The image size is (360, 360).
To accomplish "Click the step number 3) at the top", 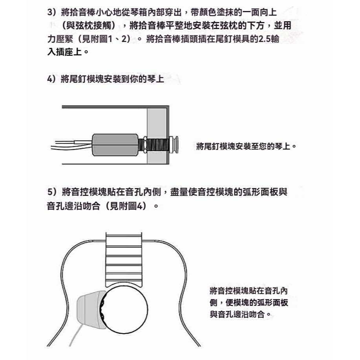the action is [52, 12].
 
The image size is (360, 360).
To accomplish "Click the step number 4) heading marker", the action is [51, 79].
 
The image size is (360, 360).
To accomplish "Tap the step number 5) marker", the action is [52, 192].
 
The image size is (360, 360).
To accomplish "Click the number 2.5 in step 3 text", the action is [265, 39].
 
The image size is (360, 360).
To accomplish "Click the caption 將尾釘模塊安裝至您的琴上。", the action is [247, 146].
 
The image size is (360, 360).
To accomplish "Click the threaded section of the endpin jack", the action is [158, 145].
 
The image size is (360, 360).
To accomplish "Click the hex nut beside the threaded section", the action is [145, 144].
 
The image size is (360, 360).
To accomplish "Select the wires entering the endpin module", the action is [71, 145].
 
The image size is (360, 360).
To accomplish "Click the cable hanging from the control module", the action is [76, 335].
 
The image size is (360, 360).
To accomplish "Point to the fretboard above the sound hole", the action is [124, 259].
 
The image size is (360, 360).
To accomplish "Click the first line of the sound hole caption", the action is [249, 291].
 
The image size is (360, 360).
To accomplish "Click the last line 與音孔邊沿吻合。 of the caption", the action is [241, 314].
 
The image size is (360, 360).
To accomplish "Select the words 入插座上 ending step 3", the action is [64, 52].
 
